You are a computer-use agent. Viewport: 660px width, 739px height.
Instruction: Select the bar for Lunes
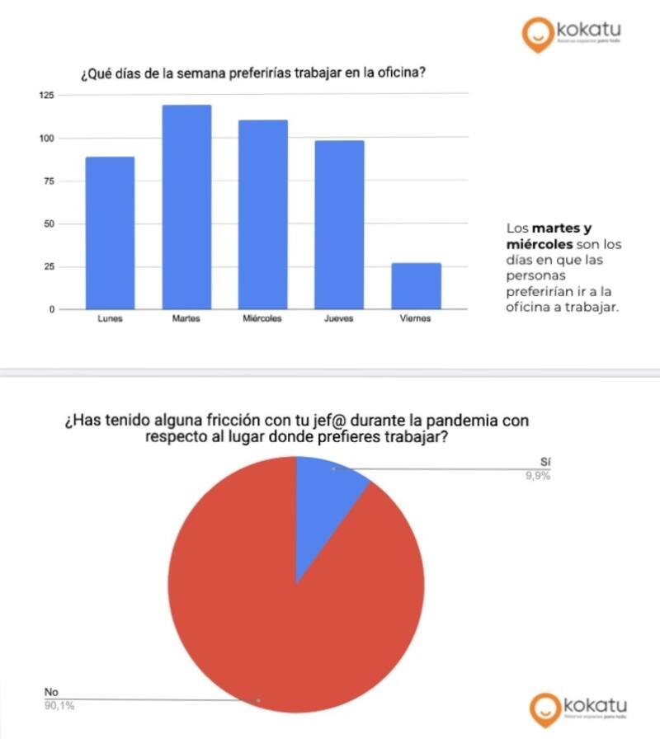point(110,233)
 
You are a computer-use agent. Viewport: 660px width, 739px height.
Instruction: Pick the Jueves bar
point(339,224)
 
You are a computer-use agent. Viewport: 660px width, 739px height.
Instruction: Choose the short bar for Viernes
point(416,285)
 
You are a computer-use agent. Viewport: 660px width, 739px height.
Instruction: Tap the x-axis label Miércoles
point(263,319)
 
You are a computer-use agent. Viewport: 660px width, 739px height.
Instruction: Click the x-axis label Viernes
point(416,319)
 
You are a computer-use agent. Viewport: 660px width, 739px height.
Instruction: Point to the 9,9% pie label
point(537,476)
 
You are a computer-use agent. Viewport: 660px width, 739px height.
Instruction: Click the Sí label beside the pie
point(545,463)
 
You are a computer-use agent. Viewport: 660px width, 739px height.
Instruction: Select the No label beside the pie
point(51,693)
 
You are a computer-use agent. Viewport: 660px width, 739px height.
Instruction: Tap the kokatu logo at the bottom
point(578,708)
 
